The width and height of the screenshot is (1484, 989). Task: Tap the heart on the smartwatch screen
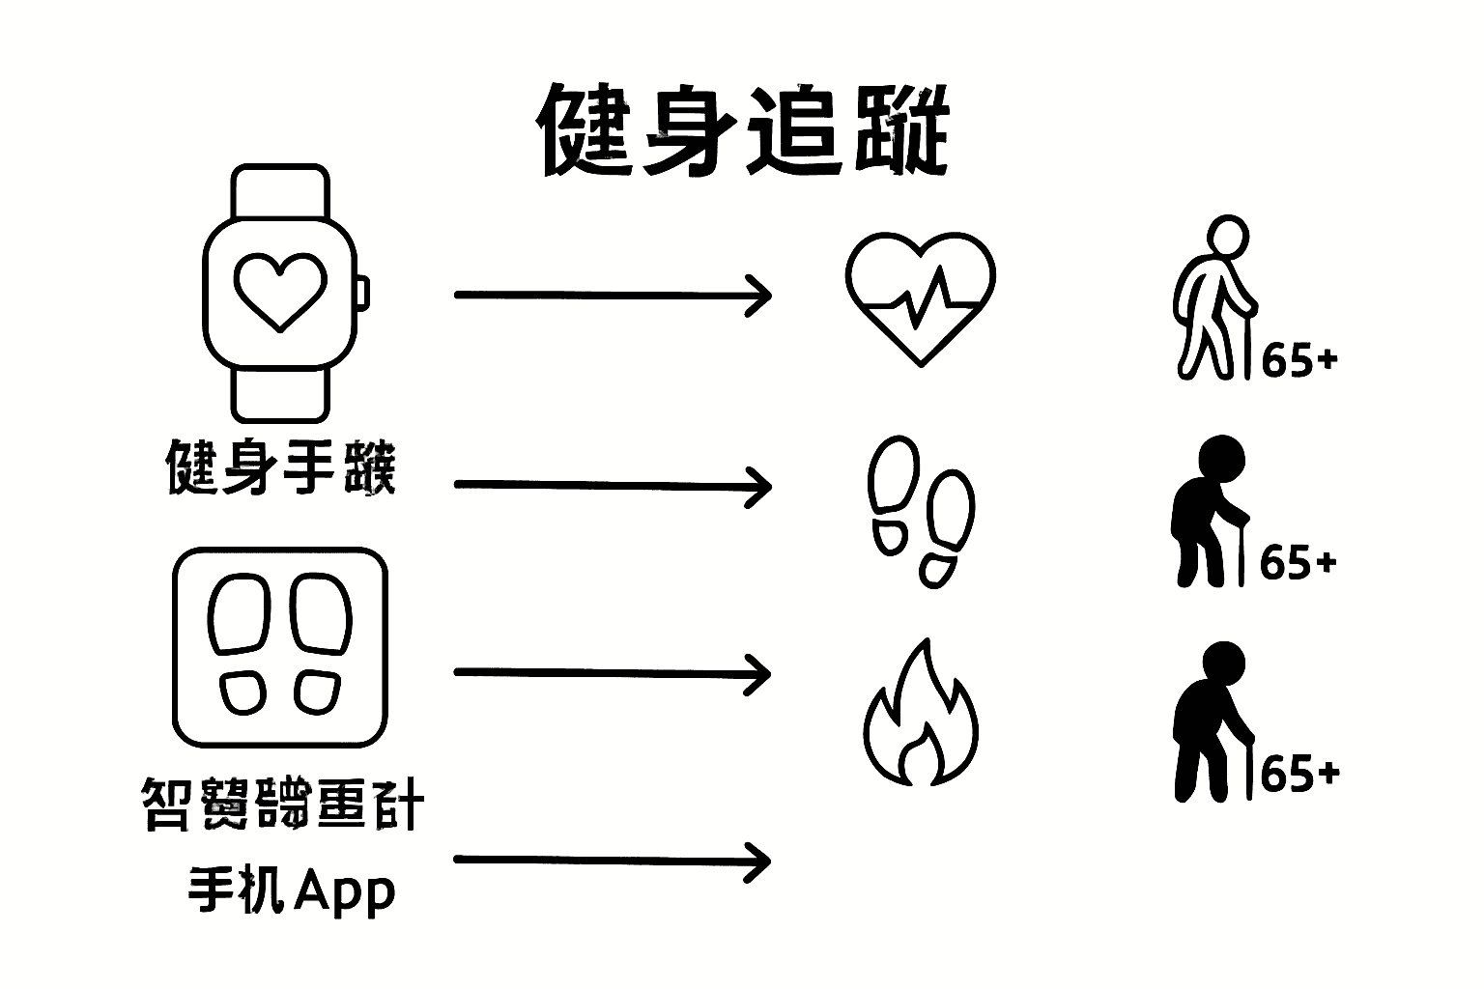pos(280,291)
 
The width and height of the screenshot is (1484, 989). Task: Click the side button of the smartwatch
pos(363,293)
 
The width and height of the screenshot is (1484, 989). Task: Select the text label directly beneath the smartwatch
pos(281,466)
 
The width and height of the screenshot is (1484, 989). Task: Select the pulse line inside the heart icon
pos(923,299)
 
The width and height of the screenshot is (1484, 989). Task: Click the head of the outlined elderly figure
pos(1228,236)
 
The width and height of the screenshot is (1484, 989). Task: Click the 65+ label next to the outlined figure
pos(1299,360)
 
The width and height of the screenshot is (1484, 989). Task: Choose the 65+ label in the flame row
pos(1299,774)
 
